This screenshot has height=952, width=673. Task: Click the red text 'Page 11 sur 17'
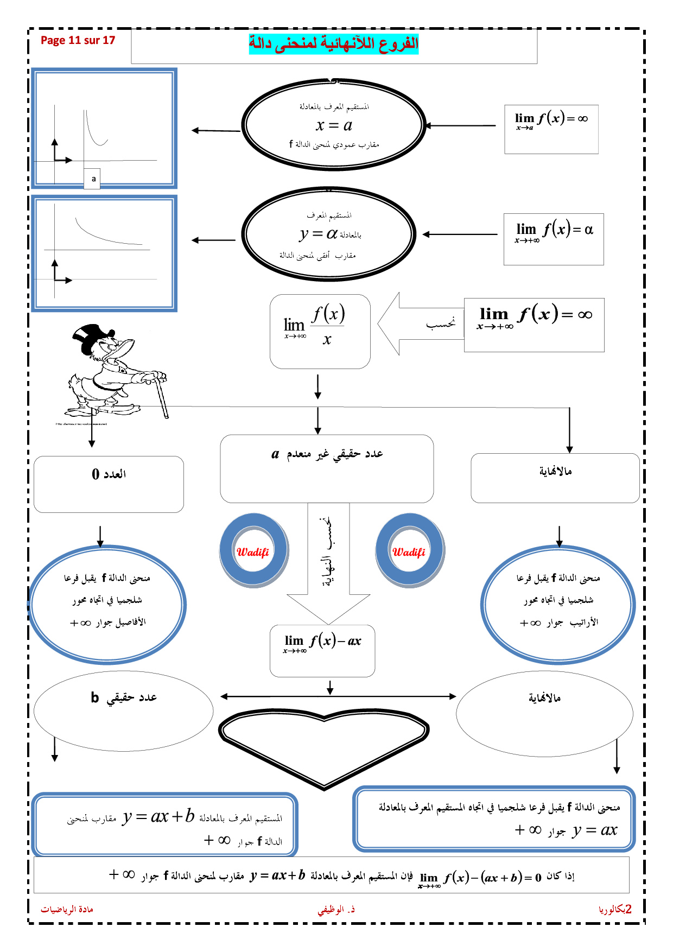78,40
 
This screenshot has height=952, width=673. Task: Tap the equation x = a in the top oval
334,125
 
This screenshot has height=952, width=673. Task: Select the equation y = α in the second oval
319,234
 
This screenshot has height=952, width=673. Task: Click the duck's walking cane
162,396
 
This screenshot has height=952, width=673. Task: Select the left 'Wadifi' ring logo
253,551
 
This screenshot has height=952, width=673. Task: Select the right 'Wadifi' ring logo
410,551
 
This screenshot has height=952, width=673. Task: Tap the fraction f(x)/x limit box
320,331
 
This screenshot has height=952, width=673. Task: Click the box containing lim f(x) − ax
322,650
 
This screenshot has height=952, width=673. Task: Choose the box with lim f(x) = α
554,239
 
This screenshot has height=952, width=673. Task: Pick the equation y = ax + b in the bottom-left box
158,816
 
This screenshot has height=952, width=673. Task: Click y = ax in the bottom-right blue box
595,830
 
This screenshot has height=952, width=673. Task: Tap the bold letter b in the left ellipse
95,697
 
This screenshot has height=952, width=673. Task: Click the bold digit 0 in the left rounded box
96,474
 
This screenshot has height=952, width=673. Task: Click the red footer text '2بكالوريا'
615,909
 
